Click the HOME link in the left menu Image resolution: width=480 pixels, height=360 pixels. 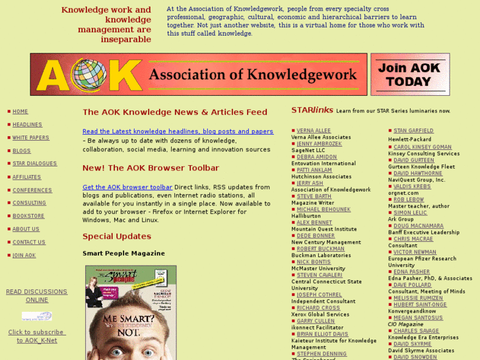pos(20,112)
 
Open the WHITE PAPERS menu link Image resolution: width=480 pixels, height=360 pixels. pos(30,138)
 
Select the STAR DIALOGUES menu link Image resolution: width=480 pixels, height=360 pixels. pos(34,164)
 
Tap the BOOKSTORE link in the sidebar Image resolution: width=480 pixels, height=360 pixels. pos(28,216)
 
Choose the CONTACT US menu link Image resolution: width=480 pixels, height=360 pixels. pos(29,242)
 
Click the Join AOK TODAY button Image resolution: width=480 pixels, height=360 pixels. pos(409,75)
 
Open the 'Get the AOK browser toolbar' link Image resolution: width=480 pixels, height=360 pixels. pos(127,188)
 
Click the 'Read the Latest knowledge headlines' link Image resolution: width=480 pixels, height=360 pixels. pos(178,131)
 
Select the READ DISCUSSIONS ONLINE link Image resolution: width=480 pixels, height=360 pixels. pos(37,295)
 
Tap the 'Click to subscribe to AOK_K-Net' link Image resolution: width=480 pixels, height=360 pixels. pos(37,336)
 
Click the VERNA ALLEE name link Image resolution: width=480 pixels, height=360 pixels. pos(314,131)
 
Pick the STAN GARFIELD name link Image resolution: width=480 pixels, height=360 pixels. pos(413,131)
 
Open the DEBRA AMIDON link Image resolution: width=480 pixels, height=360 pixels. pos(316,157)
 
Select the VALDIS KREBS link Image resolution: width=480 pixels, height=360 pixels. pos(412,186)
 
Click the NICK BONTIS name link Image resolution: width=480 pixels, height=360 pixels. pos(314,262)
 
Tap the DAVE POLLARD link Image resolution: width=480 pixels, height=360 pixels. pos(413,285)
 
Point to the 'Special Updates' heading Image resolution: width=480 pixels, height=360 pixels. pos(117,236)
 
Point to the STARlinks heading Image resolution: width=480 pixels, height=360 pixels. pos(312,110)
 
